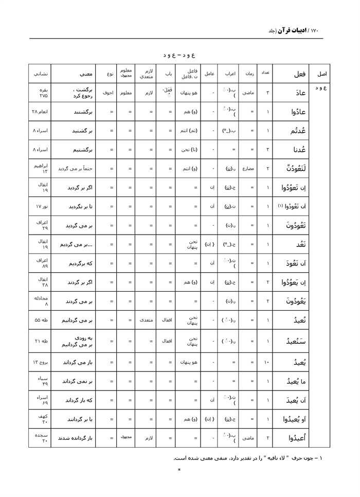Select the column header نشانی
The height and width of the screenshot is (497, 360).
40,74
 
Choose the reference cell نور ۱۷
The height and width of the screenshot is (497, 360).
40,206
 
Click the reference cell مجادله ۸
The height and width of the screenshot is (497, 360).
40,301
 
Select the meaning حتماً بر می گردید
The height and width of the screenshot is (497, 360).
77,168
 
